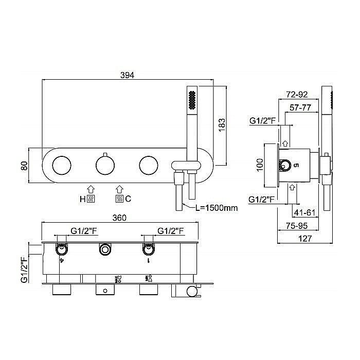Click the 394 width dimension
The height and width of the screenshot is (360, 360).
(x=127, y=75)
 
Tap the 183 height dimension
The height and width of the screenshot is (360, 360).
(x=222, y=124)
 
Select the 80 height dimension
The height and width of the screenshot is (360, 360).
(x=24, y=166)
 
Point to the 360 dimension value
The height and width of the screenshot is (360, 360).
(x=119, y=218)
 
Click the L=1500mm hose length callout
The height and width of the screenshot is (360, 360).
(x=217, y=208)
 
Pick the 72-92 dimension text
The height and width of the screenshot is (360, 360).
(x=297, y=94)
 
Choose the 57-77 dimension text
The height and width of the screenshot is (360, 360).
(x=300, y=107)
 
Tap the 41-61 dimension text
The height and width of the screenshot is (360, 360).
(x=304, y=212)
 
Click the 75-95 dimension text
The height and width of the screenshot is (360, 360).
(x=297, y=226)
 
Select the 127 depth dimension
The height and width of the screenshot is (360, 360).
(x=305, y=239)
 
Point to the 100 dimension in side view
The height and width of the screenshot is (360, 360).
(x=260, y=165)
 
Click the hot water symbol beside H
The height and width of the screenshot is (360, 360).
(x=91, y=199)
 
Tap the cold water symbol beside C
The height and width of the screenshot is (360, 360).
(x=120, y=199)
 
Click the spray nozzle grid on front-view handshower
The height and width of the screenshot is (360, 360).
(x=192, y=100)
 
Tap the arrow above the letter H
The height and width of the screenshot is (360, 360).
(x=91, y=189)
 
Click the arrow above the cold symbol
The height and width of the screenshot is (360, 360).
(x=120, y=189)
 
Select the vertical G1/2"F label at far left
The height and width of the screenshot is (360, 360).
(x=24, y=269)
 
